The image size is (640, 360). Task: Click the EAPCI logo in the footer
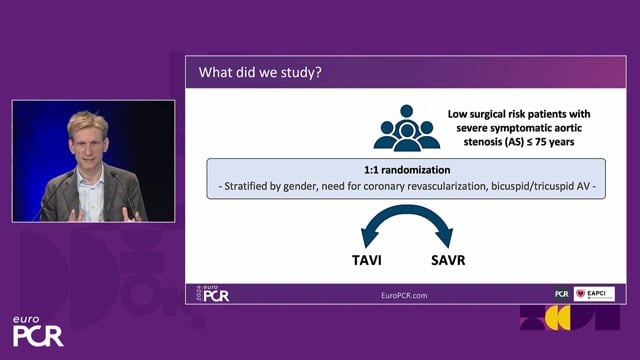pos(595,294)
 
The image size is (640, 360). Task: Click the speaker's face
pos(87,143)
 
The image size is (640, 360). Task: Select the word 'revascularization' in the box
pos(441,185)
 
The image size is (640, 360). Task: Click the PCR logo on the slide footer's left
pos(213,294)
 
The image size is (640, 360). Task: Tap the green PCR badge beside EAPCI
pos(562,294)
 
